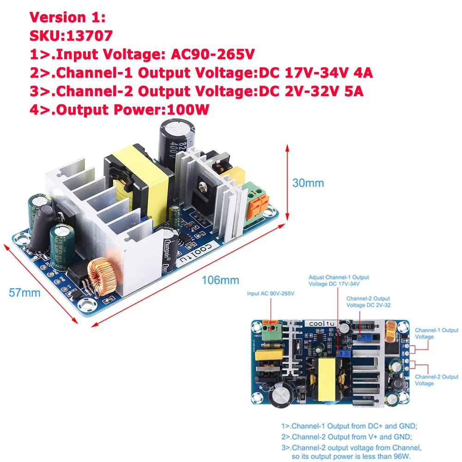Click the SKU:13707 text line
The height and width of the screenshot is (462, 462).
[70, 36]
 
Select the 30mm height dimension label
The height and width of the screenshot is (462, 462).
[308, 183]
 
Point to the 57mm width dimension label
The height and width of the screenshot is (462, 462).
[24, 292]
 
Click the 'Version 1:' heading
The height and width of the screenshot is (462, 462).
[67, 18]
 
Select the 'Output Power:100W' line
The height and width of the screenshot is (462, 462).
[120, 110]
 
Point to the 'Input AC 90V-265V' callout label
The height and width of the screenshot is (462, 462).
[271, 293]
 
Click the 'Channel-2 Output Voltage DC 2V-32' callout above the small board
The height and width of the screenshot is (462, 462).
[368, 302]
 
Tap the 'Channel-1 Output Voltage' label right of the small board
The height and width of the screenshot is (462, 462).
[436, 334]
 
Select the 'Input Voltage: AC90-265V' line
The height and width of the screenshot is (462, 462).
[142, 55]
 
